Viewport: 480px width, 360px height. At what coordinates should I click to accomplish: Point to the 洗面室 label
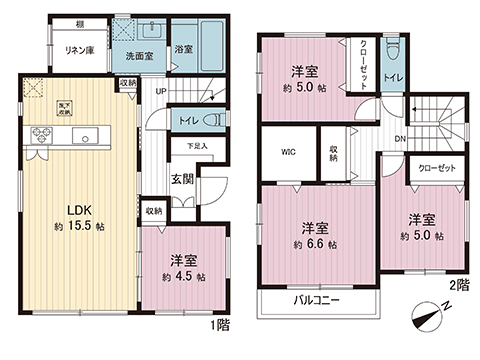click(x=139, y=57)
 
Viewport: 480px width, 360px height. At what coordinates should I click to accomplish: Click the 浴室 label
click(x=183, y=48)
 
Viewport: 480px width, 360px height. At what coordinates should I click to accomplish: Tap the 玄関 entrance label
click(x=182, y=179)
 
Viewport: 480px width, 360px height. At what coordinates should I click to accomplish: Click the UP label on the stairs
click(x=161, y=93)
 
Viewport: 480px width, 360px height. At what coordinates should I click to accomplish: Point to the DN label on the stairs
click(x=399, y=138)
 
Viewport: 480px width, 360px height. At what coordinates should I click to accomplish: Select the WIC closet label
click(x=288, y=154)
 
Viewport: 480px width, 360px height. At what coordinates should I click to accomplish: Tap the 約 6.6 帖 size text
click(x=315, y=244)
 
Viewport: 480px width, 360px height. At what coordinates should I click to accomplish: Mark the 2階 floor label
click(x=458, y=285)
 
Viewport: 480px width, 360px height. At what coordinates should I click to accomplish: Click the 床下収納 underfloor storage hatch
click(x=32, y=92)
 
